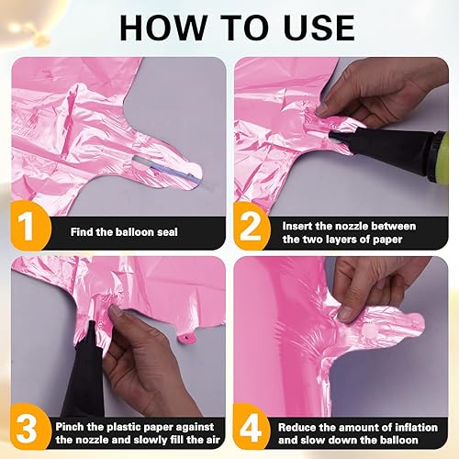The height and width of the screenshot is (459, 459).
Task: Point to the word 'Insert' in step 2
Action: (x=299, y=225)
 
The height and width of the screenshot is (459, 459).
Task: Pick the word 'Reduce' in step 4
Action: (x=301, y=425)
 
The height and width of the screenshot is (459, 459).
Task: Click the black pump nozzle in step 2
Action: (x=367, y=147)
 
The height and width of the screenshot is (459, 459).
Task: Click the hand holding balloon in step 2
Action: (x=367, y=92)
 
